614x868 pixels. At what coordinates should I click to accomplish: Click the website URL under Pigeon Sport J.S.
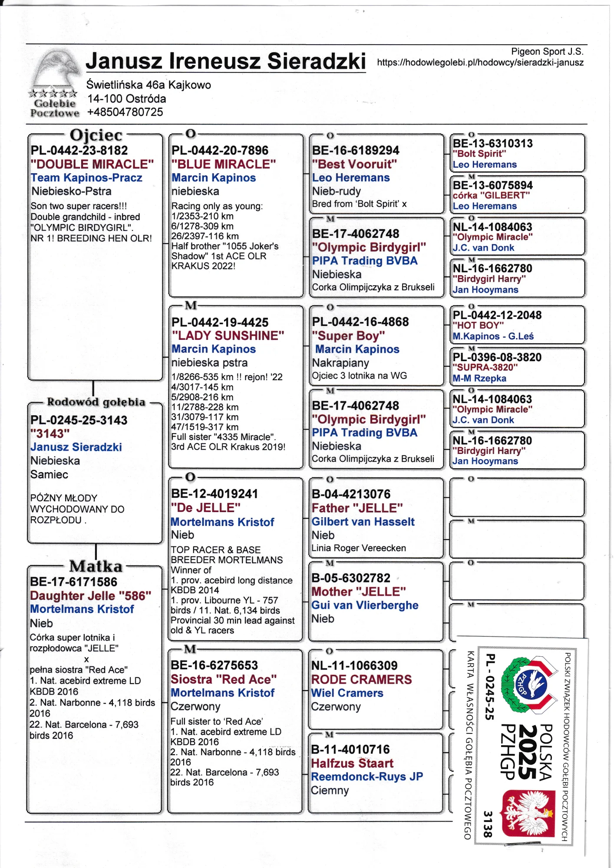480,62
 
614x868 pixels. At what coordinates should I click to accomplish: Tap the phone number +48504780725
125,112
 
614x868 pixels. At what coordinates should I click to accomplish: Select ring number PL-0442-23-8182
79,151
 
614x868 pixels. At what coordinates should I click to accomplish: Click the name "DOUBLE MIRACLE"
92,164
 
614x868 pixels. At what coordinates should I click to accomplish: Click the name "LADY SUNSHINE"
228,335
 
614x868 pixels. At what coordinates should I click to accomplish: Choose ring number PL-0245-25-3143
79,420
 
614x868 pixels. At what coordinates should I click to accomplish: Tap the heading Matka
96,566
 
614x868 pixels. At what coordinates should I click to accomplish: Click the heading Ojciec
96,135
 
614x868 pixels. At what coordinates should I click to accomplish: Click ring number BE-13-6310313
492,144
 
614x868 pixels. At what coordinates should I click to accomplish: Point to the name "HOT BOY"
478,325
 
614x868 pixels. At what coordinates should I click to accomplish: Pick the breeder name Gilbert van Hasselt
363,522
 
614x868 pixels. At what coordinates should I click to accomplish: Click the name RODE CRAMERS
361,679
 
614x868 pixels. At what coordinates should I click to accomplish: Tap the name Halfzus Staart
352,763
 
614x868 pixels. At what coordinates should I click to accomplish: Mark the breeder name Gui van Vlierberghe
365,605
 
